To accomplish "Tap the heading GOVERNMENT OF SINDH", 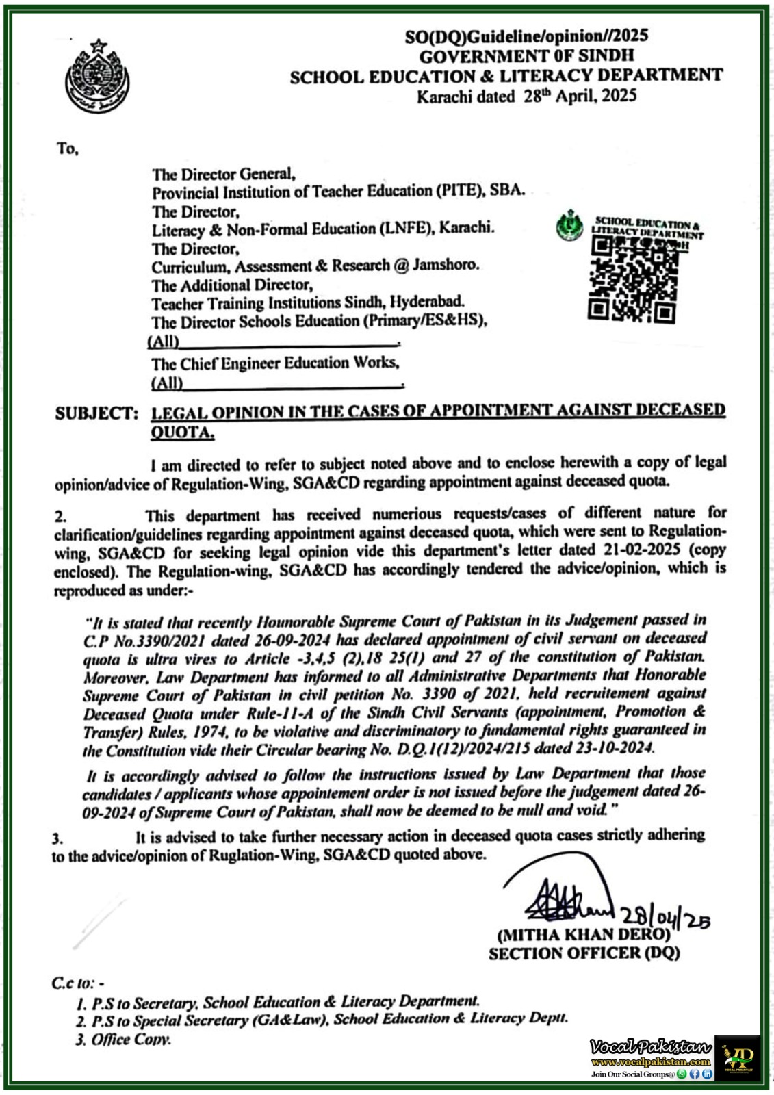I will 526,55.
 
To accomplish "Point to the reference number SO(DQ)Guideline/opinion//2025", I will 526,36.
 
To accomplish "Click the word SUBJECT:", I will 96,413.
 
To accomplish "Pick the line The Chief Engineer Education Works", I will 274,363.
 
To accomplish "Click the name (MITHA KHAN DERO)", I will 583,935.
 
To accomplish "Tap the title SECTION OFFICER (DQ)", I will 584,953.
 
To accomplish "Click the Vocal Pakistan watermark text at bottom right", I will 650,1047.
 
